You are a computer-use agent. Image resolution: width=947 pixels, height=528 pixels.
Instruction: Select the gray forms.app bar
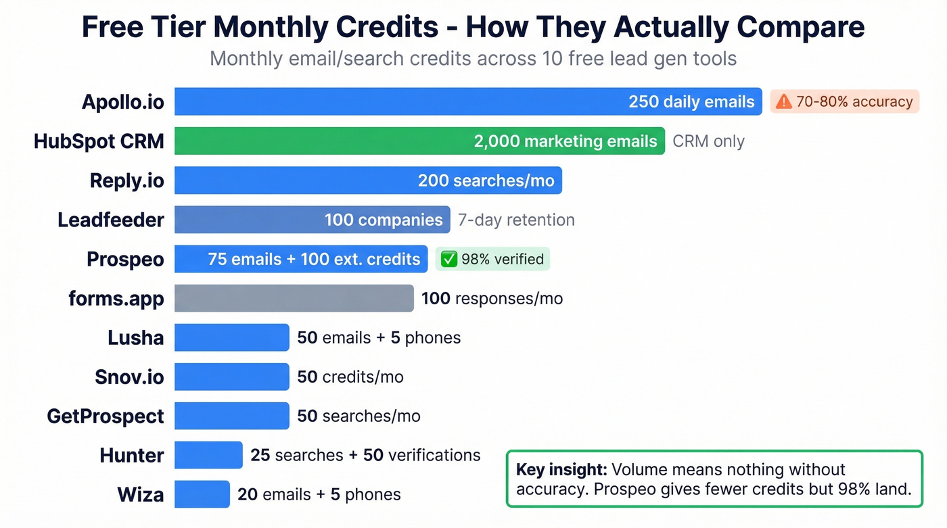tap(294, 298)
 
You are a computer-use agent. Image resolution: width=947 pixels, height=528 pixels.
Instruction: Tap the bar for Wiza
tap(202, 494)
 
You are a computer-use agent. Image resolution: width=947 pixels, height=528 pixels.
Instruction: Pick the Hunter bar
tap(208, 455)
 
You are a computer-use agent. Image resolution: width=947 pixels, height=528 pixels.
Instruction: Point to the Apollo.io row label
tap(122, 102)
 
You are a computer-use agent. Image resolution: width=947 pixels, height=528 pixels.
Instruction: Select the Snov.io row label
tap(129, 377)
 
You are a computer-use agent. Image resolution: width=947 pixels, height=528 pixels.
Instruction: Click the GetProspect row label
tap(105, 416)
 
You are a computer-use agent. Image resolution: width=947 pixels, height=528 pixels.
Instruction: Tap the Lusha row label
tap(135, 337)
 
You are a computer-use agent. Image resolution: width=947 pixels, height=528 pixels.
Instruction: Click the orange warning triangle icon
tap(783, 102)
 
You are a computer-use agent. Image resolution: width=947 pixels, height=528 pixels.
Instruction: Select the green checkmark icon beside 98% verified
tap(448, 259)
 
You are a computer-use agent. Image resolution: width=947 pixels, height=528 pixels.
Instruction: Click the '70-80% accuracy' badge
tap(845, 102)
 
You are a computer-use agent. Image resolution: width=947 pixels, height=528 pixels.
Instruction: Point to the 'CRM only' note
tap(708, 141)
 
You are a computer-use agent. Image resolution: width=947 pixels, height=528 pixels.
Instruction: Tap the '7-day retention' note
tap(516, 220)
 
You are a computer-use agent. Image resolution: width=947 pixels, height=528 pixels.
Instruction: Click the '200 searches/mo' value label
tap(486, 181)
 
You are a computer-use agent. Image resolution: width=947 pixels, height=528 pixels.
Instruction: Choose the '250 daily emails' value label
tap(691, 102)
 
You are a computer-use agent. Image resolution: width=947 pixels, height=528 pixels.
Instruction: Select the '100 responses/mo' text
tap(492, 298)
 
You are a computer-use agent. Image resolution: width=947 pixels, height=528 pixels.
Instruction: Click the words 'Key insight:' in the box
tap(561, 470)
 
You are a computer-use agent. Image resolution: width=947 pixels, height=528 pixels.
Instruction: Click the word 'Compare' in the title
tap(800, 28)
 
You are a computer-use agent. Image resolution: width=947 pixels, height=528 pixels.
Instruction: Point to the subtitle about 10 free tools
tap(473, 59)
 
